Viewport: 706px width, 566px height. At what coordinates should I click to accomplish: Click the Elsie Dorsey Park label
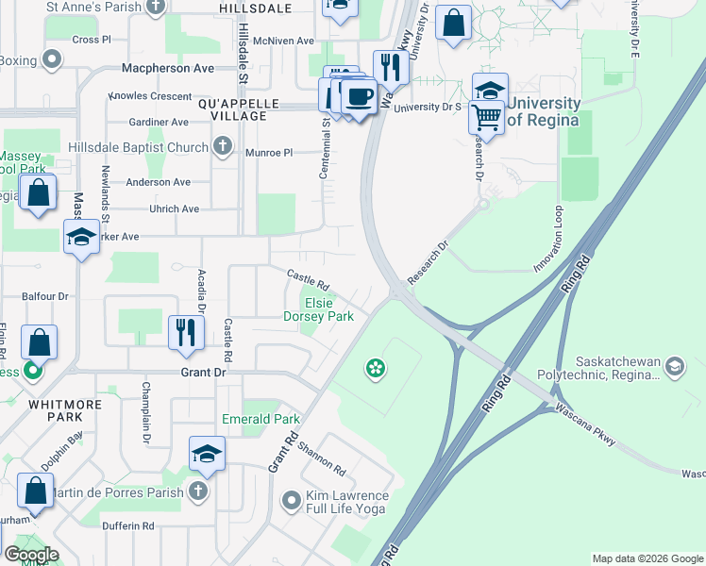pyautogui.click(x=319, y=309)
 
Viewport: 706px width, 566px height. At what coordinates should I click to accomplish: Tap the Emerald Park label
pyautogui.click(x=260, y=419)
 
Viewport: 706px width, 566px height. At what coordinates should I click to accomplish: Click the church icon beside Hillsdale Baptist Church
pyautogui.click(x=222, y=147)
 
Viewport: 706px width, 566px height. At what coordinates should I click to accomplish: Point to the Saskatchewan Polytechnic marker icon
pyautogui.click(x=675, y=364)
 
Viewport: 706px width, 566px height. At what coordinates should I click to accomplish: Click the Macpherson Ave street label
pyautogui.click(x=168, y=69)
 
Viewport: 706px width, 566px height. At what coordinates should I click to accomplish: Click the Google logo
pyautogui.click(x=31, y=555)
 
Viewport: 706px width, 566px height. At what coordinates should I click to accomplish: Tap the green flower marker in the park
pyautogui.click(x=376, y=367)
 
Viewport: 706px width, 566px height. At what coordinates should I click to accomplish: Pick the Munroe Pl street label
pyautogui.click(x=270, y=152)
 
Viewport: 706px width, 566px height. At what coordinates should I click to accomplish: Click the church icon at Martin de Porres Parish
pyautogui.click(x=197, y=490)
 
